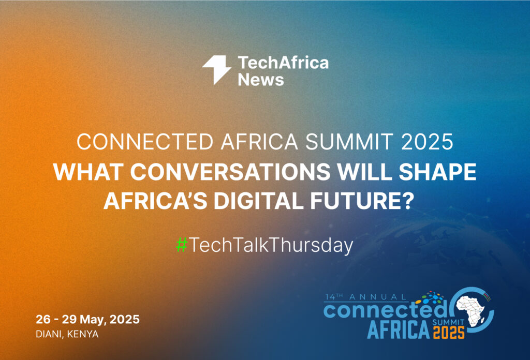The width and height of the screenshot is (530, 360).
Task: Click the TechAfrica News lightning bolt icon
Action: click(x=217, y=69)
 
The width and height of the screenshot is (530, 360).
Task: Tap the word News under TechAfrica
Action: click(x=261, y=80)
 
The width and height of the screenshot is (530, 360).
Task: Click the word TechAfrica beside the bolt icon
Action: click(x=283, y=63)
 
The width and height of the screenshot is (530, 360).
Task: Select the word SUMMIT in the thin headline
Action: click(x=349, y=142)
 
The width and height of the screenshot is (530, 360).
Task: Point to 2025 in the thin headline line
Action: click(x=427, y=142)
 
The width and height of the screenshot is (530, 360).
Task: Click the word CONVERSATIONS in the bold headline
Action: click(x=230, y=172)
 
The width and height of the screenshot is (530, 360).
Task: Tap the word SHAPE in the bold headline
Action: click(x=437, y=172)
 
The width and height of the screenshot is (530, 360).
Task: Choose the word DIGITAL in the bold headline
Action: click(x=259, y=201)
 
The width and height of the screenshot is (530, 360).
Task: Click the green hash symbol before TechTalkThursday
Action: click(x=182, y=245)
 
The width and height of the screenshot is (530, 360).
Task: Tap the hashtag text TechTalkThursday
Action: click(x=271, y=245)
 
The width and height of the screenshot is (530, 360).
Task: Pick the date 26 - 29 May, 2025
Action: click(x=87, y=319)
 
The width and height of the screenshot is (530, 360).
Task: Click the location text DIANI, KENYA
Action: click(x=67, y=334)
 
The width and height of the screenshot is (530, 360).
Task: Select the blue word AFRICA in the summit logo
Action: click(x=398, y=329)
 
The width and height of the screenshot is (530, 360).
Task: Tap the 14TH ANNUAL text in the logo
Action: click(x=365, y=297)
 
